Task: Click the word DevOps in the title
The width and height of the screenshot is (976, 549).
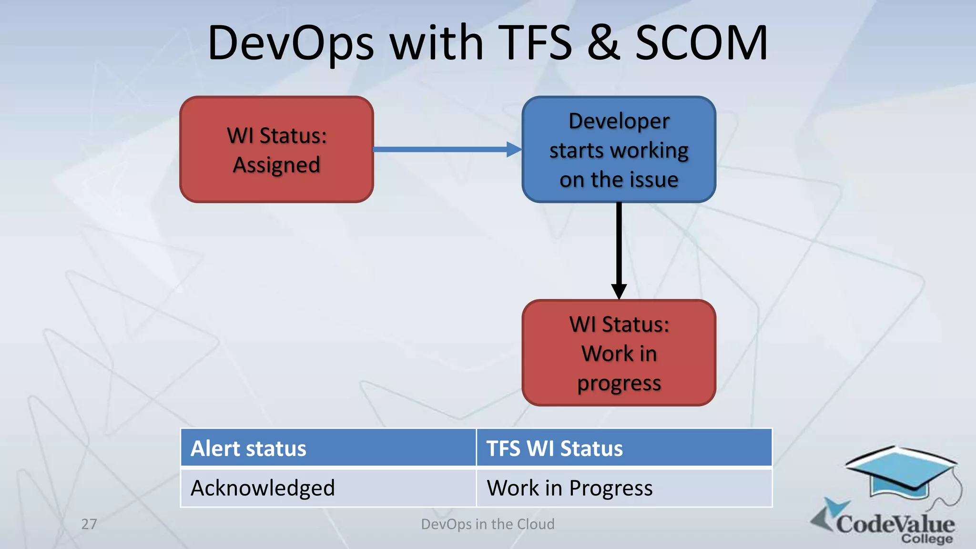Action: click(291, 44)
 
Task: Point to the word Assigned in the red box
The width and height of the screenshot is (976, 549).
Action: click(276, 165)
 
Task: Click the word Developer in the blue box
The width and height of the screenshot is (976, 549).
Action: click(619, 121)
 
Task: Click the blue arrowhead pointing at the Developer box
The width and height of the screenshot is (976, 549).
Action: click(514, 149)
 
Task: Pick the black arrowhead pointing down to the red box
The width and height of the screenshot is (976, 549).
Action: click(619, 291)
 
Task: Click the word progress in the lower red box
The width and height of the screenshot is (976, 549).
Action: click(619, 383)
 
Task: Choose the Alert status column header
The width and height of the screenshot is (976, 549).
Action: click(328, 448)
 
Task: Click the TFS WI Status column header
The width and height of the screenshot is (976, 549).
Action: click(623, 448)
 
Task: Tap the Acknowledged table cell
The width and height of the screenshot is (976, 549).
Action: click(328, 488)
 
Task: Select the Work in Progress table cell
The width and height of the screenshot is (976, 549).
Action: click(623, 488)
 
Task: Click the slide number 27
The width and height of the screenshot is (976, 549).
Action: click(89, 524)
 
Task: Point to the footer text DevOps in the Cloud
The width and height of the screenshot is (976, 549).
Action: click(488, 524)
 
